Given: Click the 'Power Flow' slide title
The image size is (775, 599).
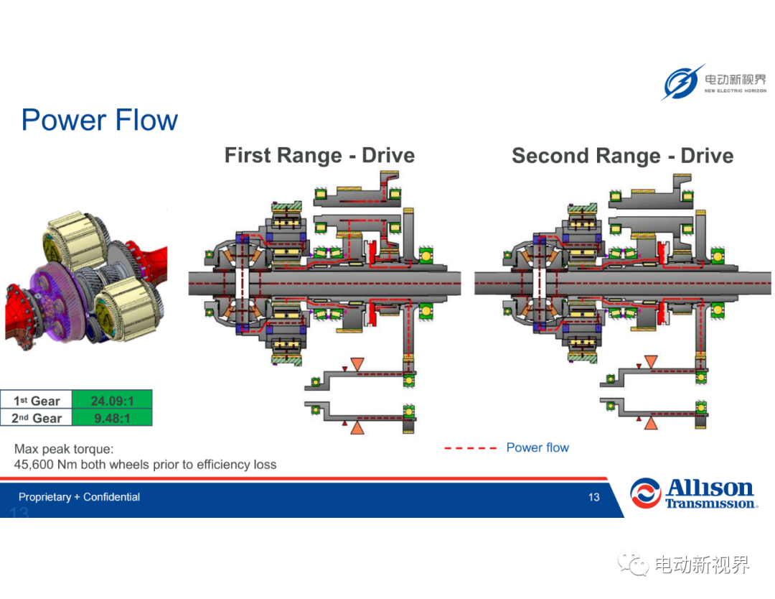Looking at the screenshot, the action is tap(99, 120).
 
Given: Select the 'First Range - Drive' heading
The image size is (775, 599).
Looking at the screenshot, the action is tap(319, 155).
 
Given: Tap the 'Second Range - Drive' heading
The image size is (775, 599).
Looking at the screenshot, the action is tap(622, 156).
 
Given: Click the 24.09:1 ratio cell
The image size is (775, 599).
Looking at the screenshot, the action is tap(112, 399).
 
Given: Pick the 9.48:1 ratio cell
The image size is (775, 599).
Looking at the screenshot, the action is tap(112, 417).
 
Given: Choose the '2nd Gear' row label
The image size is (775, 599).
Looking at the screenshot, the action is tap(37, 418).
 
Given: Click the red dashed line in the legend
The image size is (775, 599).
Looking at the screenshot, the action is tap(470, 448).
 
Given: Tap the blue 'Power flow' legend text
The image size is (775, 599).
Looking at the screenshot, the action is tap(537, 447).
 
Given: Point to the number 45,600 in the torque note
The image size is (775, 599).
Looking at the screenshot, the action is tap(34, 465).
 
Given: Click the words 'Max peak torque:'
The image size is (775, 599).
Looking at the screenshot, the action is tap(64, 449).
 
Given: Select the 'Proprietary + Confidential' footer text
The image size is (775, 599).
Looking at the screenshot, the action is tap(79, 497).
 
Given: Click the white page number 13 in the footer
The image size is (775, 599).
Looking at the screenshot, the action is tap(593, 497).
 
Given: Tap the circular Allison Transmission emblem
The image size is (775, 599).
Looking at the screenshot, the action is tap(645, 493).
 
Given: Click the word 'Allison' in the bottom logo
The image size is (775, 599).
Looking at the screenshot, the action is tap(709, 488).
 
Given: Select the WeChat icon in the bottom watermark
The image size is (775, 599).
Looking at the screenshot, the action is tap(633, 564).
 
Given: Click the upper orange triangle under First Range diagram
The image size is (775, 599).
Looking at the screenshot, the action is tap(357, 365).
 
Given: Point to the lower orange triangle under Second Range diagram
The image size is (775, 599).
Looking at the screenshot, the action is tap(651, 423).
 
